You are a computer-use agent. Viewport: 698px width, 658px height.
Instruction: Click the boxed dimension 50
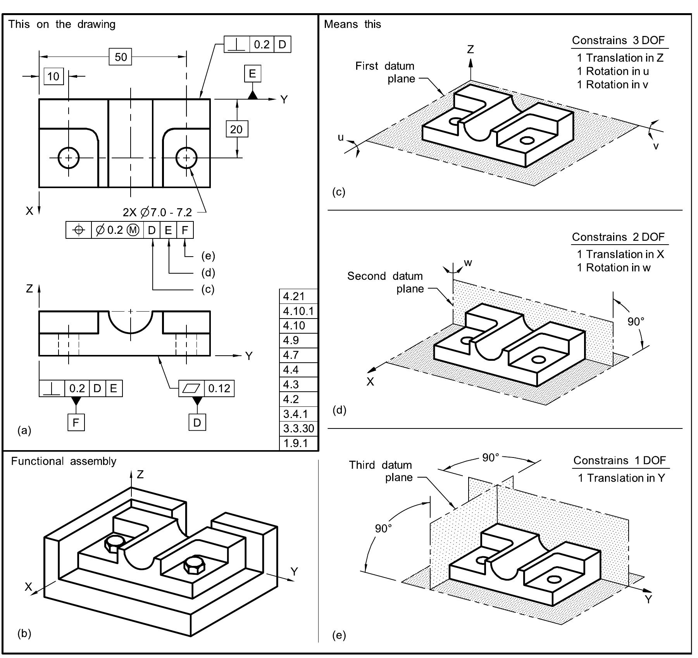click(x=121, y=57)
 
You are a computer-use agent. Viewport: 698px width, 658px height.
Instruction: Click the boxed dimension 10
click(x=53, y=76)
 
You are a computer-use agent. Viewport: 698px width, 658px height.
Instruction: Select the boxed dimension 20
click(x=236, y=129)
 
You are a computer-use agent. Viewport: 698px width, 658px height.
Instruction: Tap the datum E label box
click(x=252, y=74)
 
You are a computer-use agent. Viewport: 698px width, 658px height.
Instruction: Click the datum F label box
click(x=76, y=422)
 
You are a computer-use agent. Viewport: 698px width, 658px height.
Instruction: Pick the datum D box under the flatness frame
click(x=197, y=422)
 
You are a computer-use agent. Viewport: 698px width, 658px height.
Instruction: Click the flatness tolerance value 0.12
click(x=219, y=388)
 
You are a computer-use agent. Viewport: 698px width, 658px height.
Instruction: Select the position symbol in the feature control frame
click(x=79, y=230)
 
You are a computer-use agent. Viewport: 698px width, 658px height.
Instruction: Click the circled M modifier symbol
click(x=133, y=230)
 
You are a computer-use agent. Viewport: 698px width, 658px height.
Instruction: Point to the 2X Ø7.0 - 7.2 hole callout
click(x=157, y=212)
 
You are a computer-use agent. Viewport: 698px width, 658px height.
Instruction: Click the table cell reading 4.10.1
click(x=298, y=311)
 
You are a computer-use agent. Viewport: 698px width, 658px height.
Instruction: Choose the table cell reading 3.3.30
click(x=298, y=428)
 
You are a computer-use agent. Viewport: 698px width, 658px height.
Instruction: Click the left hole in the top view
click(x=69, y=158)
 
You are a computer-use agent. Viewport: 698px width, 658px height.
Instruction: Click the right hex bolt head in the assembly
click(x=193, y=565)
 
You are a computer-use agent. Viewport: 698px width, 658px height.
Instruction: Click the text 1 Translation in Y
click(x=621, y=478)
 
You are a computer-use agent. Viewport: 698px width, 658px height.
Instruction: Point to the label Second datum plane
click(x=385, y=282)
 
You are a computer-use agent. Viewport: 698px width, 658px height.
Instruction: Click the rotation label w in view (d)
click(x=468, y=263)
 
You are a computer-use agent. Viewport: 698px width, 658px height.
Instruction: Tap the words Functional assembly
click(x=64, y=461)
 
